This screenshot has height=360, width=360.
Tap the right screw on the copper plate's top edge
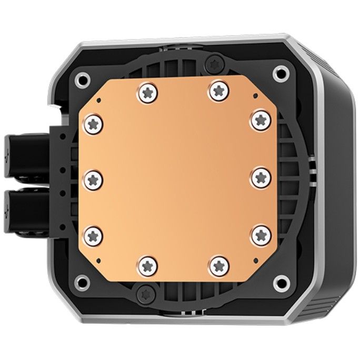coord(217,91)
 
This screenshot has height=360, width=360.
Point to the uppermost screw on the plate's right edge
coord(261,120)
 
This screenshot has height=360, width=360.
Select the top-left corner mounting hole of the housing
coord(82,81)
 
